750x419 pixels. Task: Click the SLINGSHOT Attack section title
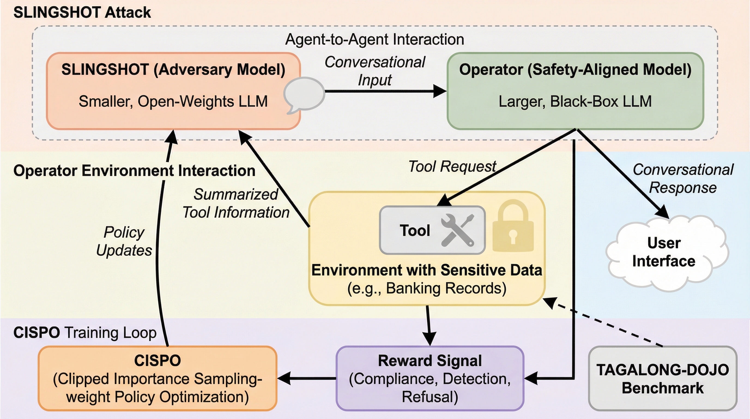click(x=82, y=13)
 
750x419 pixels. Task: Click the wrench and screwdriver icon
click(x=457, y=230)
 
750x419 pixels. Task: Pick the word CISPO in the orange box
click(x=158, y=361)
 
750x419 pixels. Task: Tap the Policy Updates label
click(x=124, y=241)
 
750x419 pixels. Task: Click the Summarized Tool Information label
click(x=236, y=203)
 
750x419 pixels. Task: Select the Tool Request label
click(x=452, y=166)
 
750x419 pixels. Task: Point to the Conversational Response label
click(x=683, y=178)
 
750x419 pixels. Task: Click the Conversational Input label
click(x=375, y=71)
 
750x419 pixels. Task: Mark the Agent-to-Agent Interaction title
click(x=374, y=39)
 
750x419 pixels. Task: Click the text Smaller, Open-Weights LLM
click(x=173, y=101)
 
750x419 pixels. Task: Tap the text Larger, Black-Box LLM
click(x=575, y=101)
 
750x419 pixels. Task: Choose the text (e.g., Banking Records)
click(x=427, y=288)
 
